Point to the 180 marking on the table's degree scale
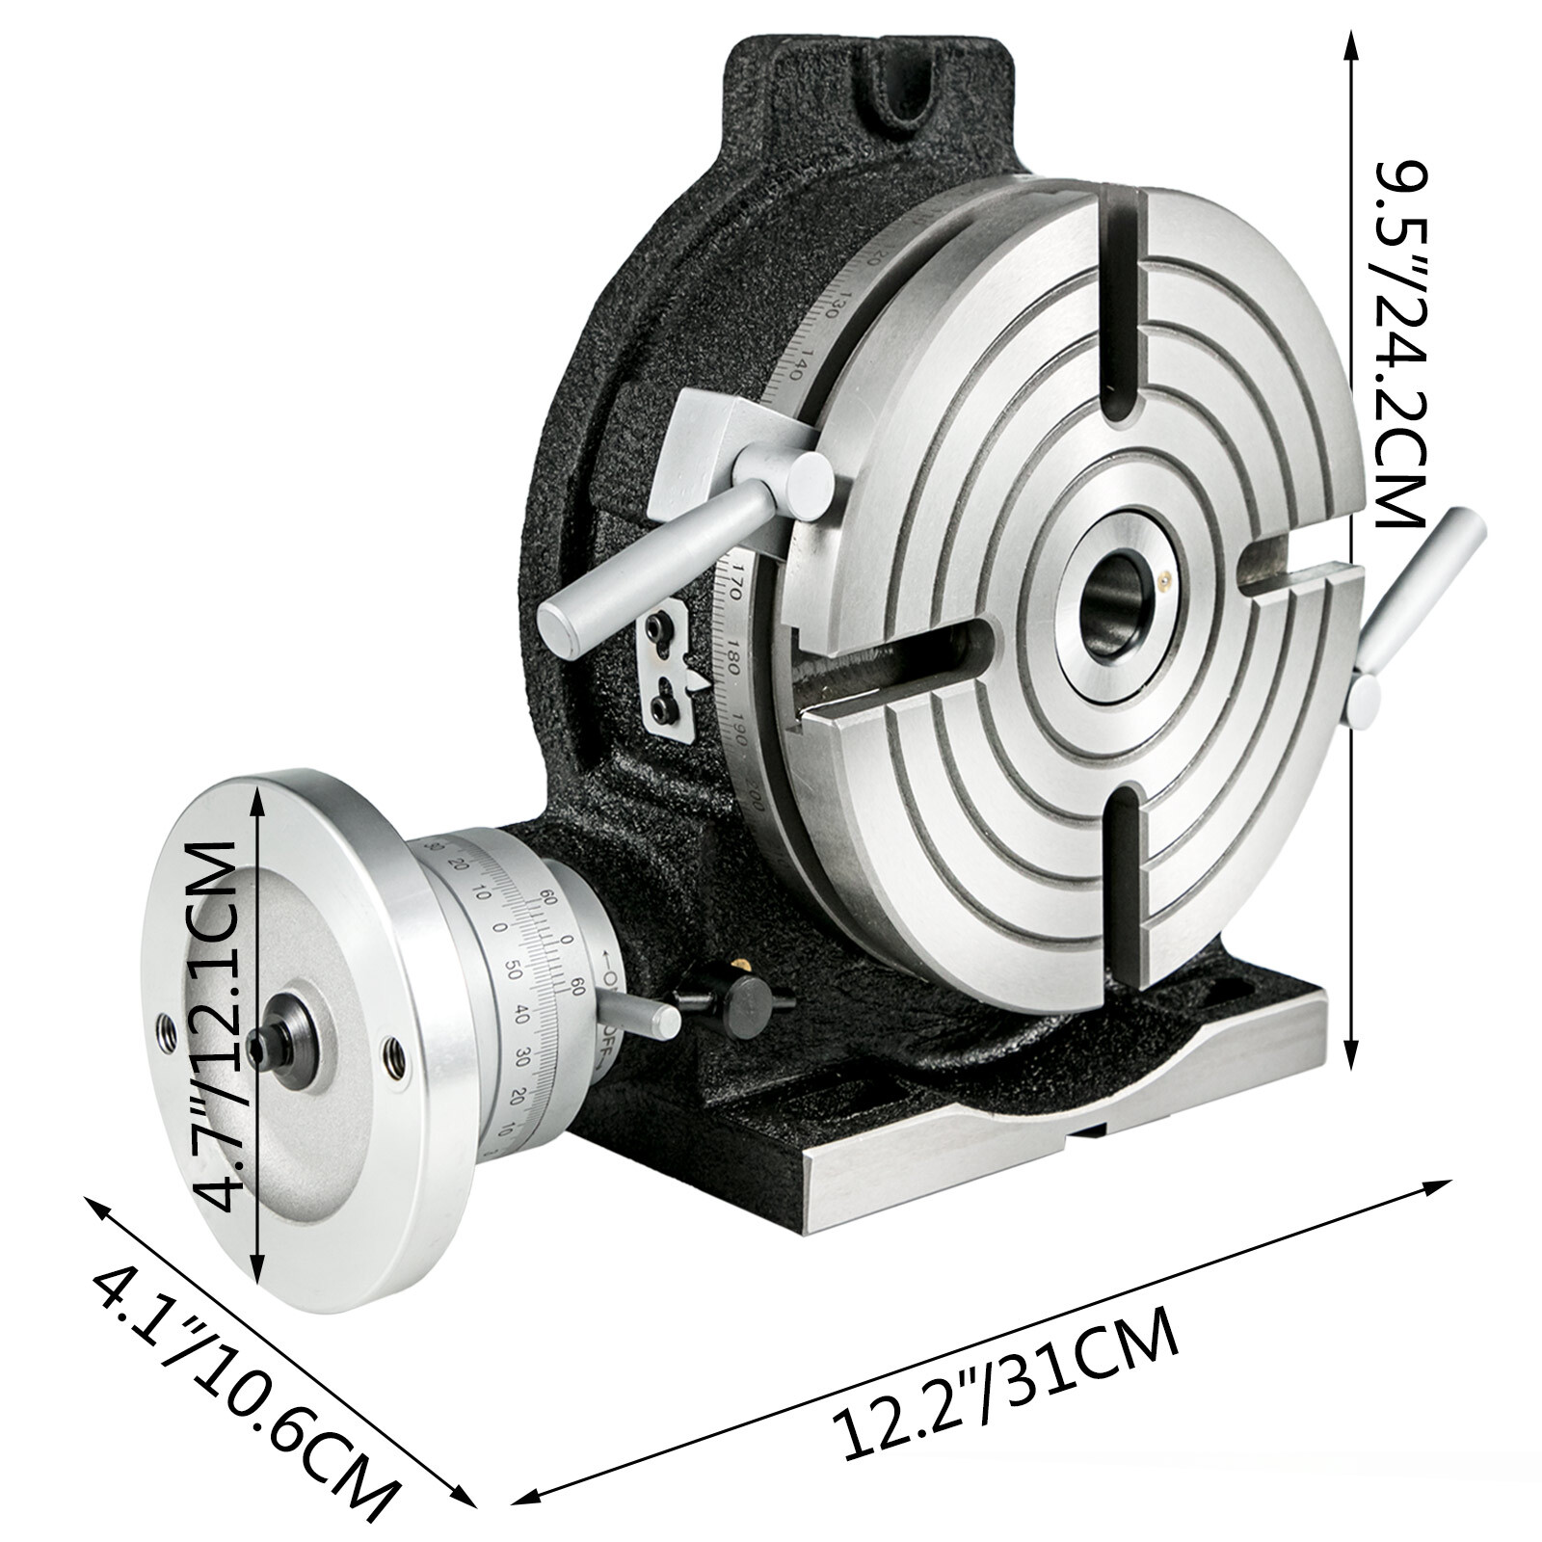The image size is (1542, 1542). click(x=734, y=655)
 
